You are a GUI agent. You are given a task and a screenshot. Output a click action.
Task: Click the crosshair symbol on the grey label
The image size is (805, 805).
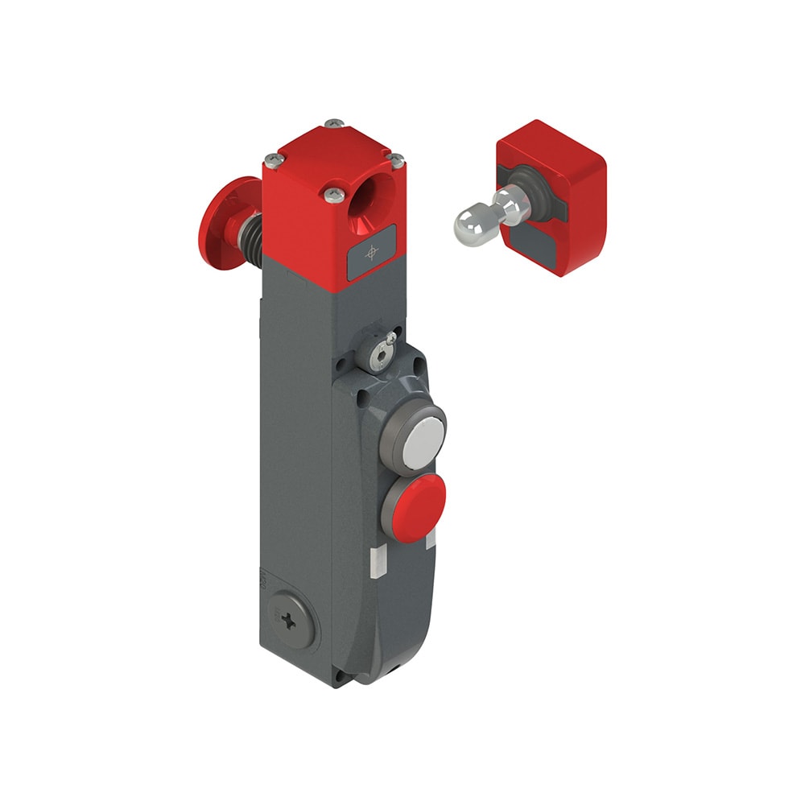coord(371,253)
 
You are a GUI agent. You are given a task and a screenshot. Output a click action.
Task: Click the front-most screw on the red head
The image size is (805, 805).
coord(333,193)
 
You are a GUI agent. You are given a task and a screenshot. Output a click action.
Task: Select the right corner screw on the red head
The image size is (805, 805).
coord(396,161)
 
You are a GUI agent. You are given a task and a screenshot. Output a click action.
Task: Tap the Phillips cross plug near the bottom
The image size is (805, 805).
coord(289,618)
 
